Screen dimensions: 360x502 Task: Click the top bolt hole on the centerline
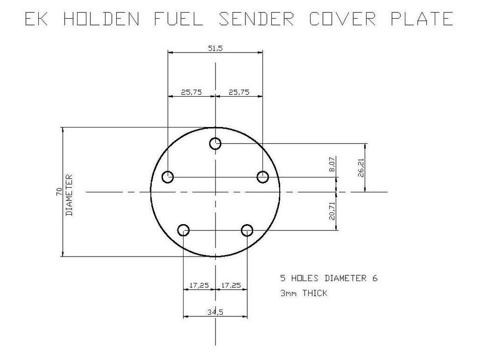point(215,144)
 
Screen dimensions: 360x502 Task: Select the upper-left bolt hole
point(168,177)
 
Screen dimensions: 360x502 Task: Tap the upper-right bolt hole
point(263,177)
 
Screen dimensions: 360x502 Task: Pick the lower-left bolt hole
point(184,230)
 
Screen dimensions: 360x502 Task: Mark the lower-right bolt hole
point(247,230)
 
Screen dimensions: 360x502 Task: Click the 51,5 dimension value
point(215,48)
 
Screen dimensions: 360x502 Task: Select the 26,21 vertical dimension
point(361,167)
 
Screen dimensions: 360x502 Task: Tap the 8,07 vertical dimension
point(332,164)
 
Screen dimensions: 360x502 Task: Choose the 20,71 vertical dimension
point(332,209)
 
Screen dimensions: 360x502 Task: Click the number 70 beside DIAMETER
point(59,192)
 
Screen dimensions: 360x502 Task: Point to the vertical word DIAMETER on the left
point(69,195)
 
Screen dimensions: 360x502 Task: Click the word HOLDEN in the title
point(102,19)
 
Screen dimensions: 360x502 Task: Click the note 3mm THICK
point(303,293)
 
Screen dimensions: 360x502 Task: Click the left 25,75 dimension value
point(191,92)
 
